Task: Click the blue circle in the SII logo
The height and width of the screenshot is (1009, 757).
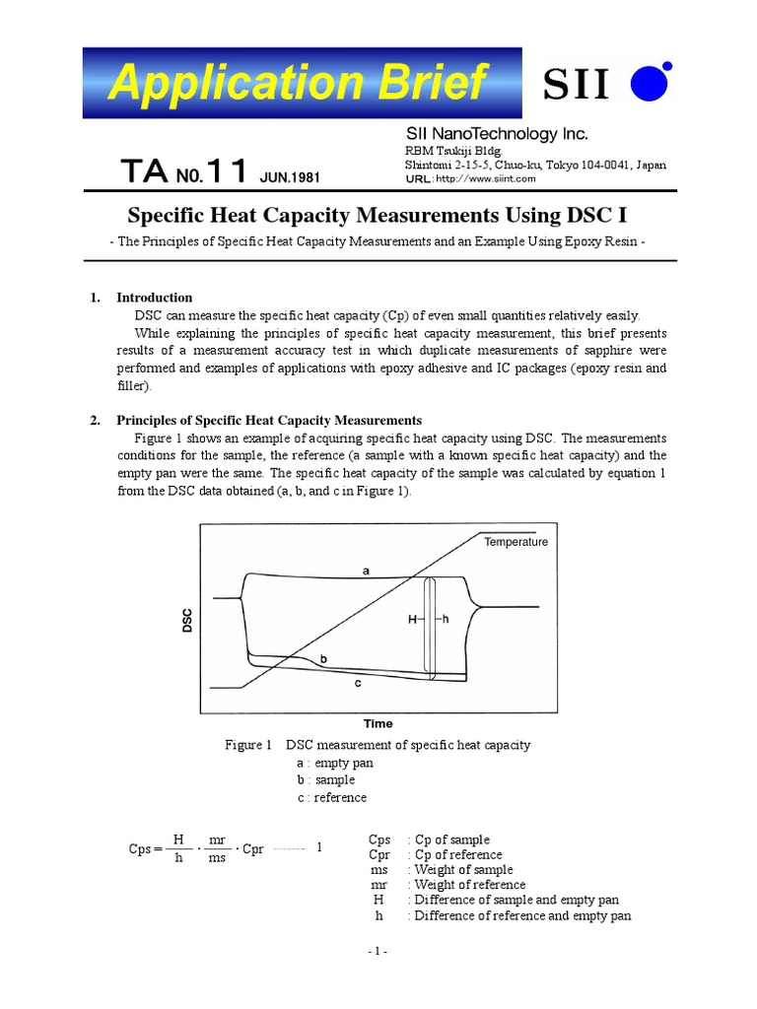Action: coord(652,83)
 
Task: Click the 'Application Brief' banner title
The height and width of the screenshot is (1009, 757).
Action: coord(299,82)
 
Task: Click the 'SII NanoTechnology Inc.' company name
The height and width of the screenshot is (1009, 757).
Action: coord(497,134)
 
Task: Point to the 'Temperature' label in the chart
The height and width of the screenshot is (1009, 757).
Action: coord(516,542)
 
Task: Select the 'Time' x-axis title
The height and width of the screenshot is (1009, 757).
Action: coord(378,723)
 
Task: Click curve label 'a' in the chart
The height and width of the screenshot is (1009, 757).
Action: coord(366,571)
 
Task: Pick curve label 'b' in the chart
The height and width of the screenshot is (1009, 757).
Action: coord(324,658)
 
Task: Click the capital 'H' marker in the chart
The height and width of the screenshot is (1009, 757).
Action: coord(412,620)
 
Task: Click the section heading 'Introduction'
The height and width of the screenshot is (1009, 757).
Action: coord(154,298)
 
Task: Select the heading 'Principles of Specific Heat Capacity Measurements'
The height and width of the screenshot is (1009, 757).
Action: coord(268,420)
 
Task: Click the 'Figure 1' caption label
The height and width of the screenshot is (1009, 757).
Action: coord(248,745)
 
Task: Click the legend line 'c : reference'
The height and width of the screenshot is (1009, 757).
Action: coord(331,797)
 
